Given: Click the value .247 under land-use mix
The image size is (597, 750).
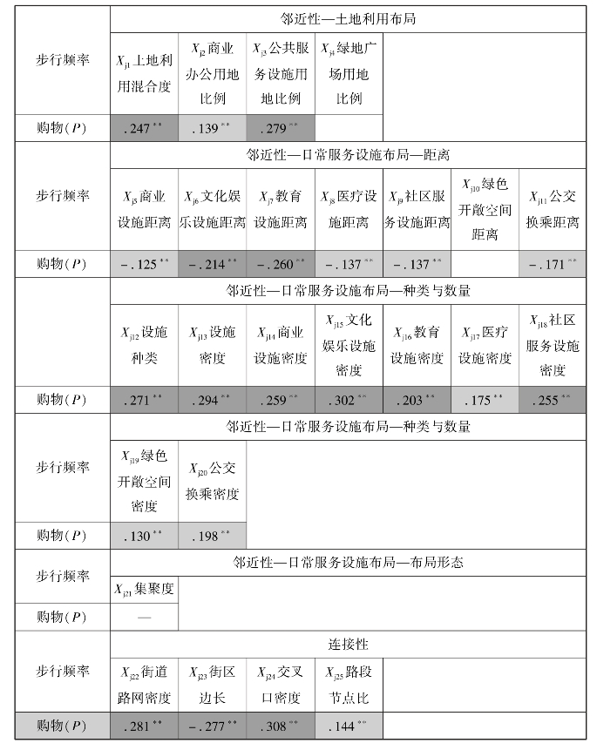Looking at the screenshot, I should tap(144, 129).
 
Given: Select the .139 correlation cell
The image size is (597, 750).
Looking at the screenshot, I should tap(212, 129).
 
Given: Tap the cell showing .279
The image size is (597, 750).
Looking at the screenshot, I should tap(281, 129).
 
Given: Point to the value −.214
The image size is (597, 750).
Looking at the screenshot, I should tap(212, 264).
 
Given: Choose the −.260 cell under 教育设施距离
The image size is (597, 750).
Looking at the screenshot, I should tap(281, 264).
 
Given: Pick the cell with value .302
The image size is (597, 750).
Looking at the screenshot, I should tap(349, 400).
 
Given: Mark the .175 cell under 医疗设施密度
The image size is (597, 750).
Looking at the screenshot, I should tap(485, 400).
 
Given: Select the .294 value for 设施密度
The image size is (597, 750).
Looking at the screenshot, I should tap(212, 400).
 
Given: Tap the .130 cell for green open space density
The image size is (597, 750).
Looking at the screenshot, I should tap(144, 536).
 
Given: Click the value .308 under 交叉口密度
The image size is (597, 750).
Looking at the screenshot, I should tap(281, 726).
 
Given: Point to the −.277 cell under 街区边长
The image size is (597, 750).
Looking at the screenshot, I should tap(212, 726).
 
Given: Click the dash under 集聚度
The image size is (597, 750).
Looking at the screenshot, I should tap(144, 617).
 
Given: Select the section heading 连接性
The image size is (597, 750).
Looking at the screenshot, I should tap(349, 645).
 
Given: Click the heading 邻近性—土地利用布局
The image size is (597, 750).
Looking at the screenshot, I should tap(349, 17).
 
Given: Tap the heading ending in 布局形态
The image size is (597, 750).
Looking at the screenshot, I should tap(349, 563).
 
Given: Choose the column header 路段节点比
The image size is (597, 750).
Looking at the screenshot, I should tap(349, 686).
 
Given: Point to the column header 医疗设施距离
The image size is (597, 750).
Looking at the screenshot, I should tap(349, 210).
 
